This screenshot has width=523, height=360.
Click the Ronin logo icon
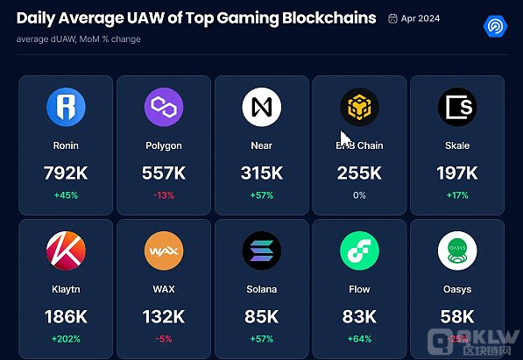click(66, 108)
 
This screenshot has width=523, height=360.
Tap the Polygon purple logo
click(164, 108)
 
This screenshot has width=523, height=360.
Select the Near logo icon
click(262, 108)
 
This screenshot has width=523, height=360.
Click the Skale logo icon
click(457, 108)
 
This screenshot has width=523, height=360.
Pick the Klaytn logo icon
click(66, 251)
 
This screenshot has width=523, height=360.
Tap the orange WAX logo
click(164, 251)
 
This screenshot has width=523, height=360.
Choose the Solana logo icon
click(262, 251)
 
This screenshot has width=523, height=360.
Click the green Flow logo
click(359, 251)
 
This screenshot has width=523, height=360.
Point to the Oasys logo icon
click(457, 251)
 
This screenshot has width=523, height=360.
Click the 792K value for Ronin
click(66, 173)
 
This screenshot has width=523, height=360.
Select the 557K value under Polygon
click(164, 173)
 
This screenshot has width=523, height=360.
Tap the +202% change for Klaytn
click(66, 338)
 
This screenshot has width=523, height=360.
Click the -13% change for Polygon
click(164, 194)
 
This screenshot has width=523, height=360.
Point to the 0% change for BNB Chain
click(359, 194)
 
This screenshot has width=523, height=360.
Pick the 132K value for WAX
click(164, 316)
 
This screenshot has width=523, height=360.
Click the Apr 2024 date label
click(421, 18)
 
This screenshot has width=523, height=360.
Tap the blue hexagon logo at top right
click(497, 25)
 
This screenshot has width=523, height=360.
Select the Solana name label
click(262, 289)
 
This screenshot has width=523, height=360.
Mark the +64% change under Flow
click(359, 338)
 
